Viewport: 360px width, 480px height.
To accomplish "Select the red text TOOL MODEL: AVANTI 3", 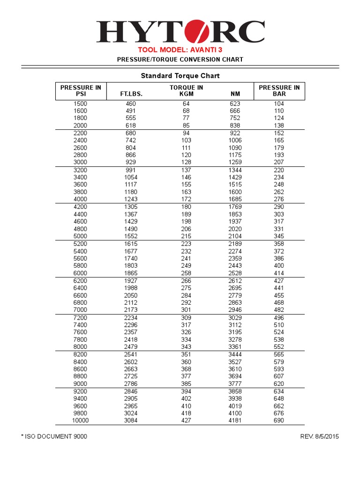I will (180, 50).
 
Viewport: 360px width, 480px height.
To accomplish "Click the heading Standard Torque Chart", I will (180, 75).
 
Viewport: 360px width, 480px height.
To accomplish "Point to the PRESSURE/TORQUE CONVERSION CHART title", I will (180, 60).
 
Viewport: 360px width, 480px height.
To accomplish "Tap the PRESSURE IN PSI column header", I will (81, 90).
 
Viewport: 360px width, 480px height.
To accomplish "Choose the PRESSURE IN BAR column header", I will (279, 90).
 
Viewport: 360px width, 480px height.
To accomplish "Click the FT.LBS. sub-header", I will (131, 94).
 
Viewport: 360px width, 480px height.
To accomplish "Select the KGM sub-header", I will (186, 94).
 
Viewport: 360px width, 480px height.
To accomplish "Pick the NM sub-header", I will (235, 94).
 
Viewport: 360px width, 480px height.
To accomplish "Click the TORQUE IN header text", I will (186, 88).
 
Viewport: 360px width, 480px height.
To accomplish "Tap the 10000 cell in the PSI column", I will (81, 420).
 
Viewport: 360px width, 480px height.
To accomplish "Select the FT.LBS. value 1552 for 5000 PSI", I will (131, 236).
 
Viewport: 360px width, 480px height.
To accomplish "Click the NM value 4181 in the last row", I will (235, 420).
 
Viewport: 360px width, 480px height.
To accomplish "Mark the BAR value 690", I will (279, 420).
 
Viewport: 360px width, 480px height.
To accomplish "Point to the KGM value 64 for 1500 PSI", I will (186, 104).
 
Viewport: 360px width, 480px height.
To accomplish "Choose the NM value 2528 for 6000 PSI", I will (235, 273).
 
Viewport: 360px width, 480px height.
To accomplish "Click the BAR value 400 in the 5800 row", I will (279, 266).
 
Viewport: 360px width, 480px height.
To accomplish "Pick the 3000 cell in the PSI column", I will (81, 162).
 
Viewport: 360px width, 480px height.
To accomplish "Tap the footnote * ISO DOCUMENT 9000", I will (54, 436).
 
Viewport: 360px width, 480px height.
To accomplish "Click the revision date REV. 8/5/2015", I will (319, 436).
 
